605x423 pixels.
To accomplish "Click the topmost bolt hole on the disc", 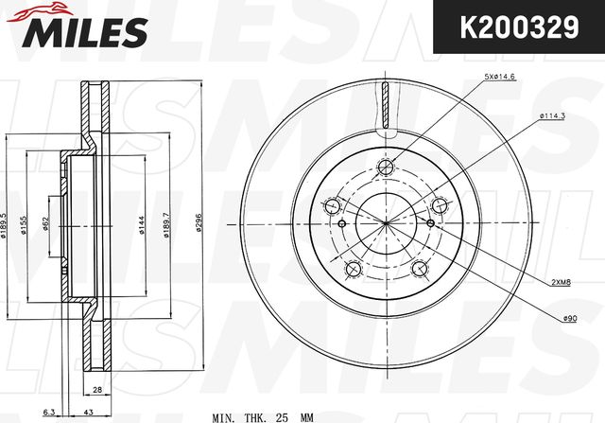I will point(385,169).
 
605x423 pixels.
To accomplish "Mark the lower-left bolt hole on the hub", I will point(353,271).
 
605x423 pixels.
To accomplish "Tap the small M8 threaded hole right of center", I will point(431,223).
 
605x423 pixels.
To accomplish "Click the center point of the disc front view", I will point(386,223).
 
